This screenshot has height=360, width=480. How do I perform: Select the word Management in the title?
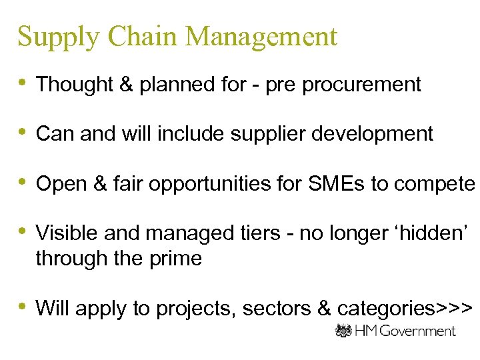(x=262, y=37)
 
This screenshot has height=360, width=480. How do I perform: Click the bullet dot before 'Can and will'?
(x=23, y=132)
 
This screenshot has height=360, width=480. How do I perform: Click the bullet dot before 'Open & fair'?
(x=23, y=181)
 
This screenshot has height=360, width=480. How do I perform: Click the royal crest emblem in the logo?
(x=344, y=331)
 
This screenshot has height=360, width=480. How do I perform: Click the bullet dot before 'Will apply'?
(x=23, y=307)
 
